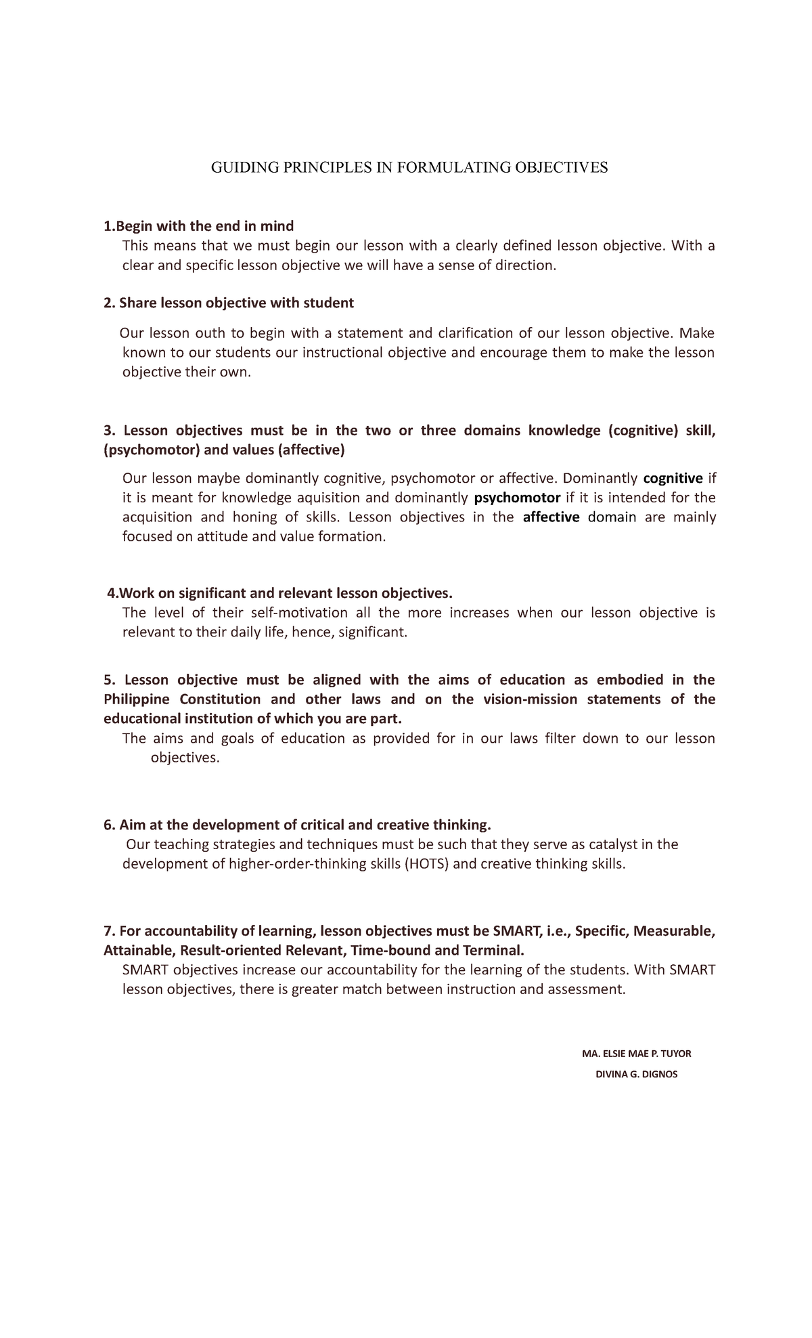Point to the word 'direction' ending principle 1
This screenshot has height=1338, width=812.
[x=524, y=265]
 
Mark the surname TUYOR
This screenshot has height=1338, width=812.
[x=675, y=1054]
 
